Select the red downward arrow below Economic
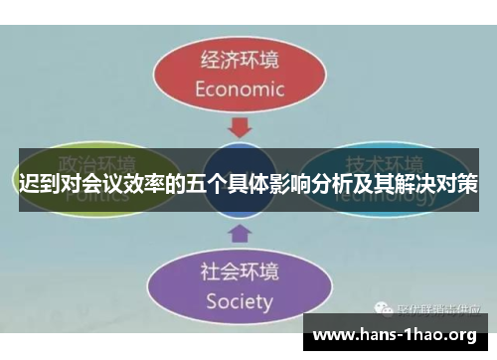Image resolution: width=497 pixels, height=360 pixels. click(x=239, y=127)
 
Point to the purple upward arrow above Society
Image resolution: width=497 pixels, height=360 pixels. click(x=239, y=234)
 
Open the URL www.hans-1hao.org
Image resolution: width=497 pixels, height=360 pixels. click(x=396, y=335)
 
